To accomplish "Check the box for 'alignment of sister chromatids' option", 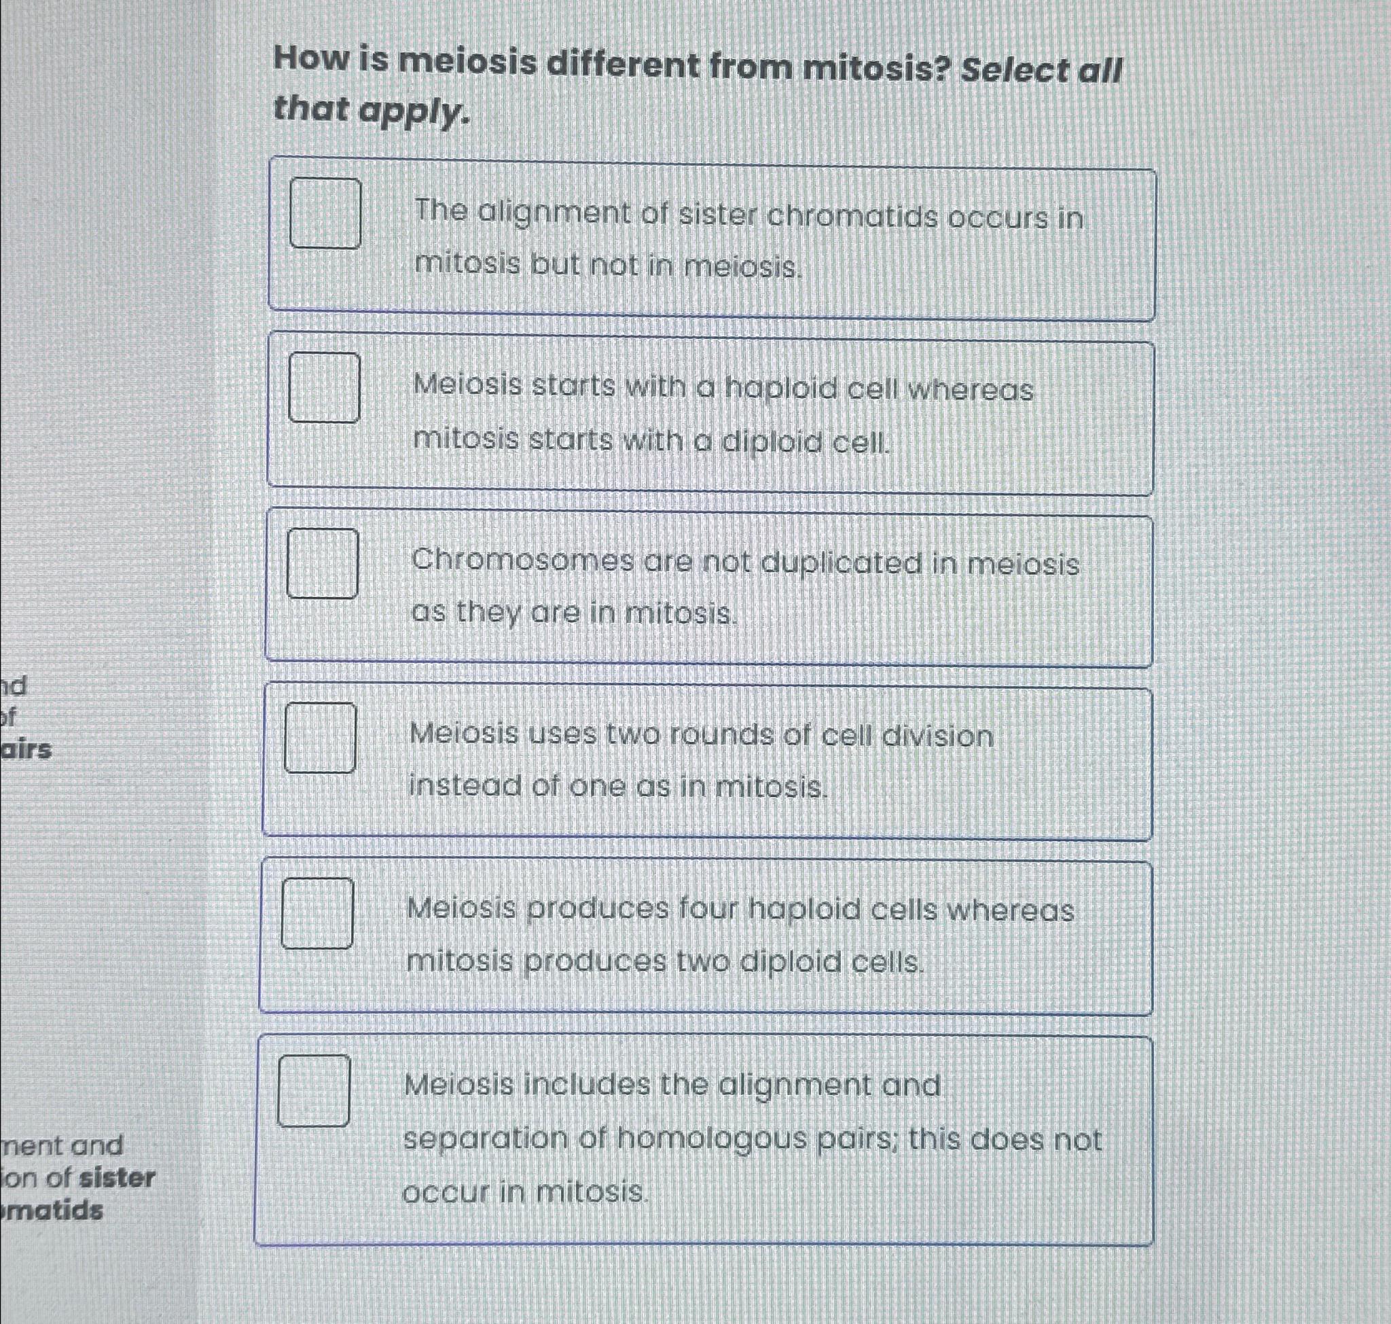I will point(325,213).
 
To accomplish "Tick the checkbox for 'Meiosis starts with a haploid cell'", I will point(324,387).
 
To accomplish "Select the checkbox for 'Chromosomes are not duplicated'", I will point(322,563).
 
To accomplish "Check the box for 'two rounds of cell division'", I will point(320,738).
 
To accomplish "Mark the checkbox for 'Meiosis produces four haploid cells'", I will point(318,912).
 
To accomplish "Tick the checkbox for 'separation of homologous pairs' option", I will point(313,1090).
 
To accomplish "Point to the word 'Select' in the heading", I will point(1015,71).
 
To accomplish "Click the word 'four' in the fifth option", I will point(706,909).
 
